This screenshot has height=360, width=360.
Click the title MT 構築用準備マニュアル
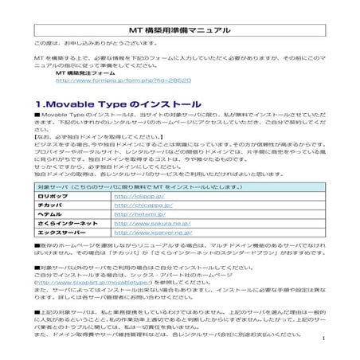pos(179,30)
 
